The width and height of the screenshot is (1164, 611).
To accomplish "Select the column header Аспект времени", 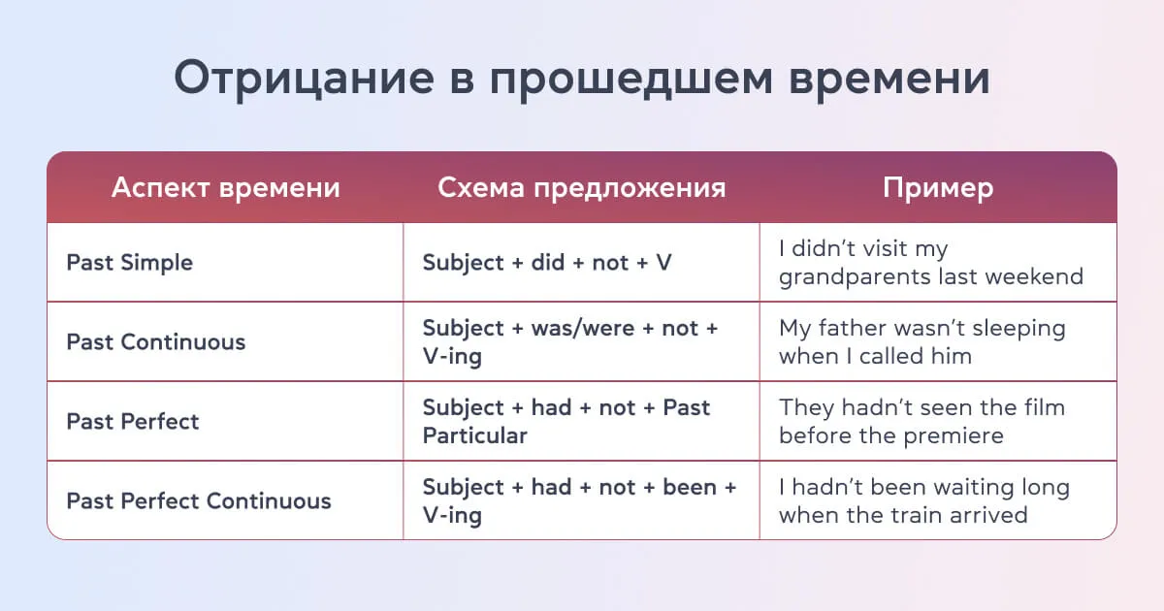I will click(225, 187).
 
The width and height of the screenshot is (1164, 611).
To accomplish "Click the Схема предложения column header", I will click(581, 187).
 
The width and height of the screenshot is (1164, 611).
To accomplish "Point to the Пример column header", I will click(937, 187).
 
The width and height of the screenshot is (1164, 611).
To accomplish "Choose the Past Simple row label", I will click(129, 263).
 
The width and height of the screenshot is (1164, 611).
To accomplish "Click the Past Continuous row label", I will click(155, 342).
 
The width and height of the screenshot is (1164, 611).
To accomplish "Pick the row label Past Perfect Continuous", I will click(198, 501).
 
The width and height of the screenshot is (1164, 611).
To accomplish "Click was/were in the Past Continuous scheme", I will click(583, 329).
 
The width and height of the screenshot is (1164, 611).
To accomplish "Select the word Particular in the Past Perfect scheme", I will click(474, 435).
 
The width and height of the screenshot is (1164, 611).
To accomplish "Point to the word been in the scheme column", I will click(689, 488).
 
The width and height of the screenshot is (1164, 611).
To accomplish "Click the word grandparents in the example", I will click(854, 277).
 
